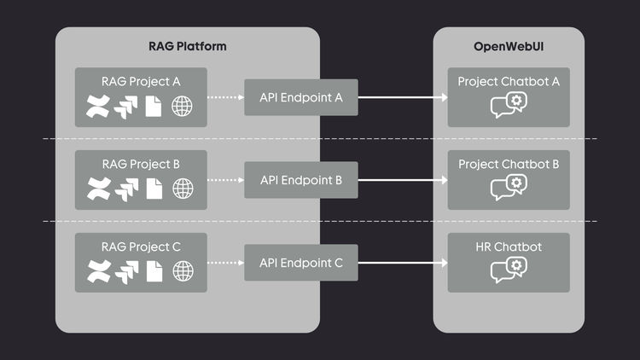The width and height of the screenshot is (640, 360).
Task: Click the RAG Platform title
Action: click(x=188, y=46)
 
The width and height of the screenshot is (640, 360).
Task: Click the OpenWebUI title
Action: click(x=509, y=46)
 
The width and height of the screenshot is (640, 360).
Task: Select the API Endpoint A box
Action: click(x=300, y=98)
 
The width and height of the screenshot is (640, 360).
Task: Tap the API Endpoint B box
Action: click(x=300, y=181)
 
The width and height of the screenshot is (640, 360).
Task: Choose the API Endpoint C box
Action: click(x=300, y=264)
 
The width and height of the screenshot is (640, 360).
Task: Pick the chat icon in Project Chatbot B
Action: click(x=509, y=187)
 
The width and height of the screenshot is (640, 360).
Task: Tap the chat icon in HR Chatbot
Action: click(x=509, y=270)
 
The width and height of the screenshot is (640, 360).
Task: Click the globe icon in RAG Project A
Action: click(x=183, y=107)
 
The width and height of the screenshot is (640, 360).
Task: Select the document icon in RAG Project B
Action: click(x=154, y=189)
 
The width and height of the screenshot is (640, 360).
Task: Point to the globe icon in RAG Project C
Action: click(x=183, y=271)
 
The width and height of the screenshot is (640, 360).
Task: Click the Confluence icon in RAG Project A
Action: click(x=96, y=107)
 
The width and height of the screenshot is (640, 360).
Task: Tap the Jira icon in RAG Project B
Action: click(x=126, y=189)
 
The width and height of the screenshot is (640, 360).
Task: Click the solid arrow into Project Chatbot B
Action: click(x=402, y=181)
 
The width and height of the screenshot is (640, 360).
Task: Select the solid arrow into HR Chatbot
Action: click(x=402, y=264)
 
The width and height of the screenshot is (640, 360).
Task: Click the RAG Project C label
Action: click(x=141, y=247)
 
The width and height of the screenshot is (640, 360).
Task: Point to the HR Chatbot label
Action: click(x=509, y=247)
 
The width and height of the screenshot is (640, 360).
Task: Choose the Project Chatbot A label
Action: click(x=509, y=82)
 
